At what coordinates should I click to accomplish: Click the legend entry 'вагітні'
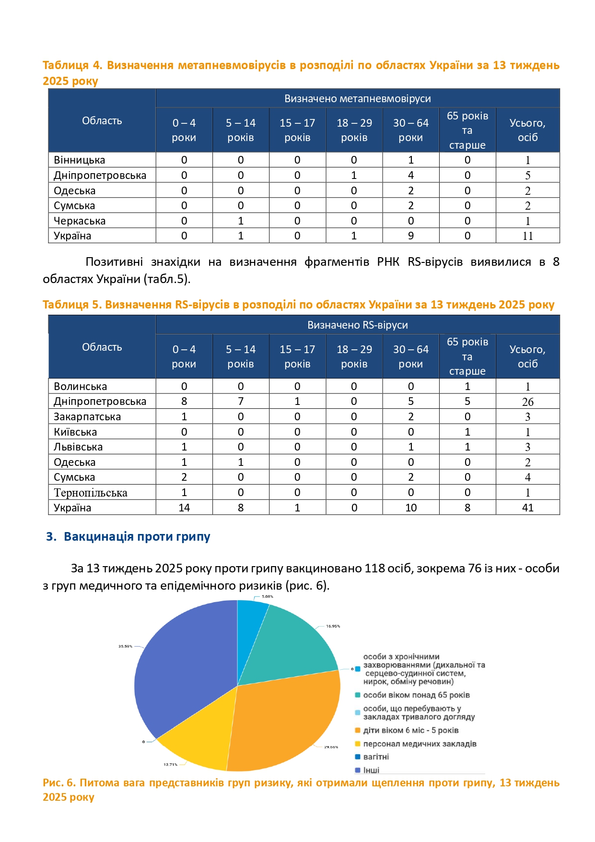(376, 757)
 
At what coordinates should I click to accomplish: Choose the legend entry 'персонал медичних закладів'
(420, 744)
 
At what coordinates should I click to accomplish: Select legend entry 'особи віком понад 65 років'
(416, 695)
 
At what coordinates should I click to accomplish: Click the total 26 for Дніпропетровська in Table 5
(527, 402)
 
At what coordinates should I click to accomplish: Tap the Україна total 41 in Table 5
(527, 508)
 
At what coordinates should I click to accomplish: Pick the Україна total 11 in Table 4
(527, 236)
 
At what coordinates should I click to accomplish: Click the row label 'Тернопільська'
(91, 493)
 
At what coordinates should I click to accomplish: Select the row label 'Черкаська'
(80, 221)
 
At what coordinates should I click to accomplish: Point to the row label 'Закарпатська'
(87, 416)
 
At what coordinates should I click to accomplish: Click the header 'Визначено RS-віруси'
(358, 325)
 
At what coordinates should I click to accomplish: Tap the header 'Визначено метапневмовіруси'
(358, 98)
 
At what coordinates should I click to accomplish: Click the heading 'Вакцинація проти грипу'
(137, 536)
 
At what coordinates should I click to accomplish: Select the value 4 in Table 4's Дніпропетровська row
(411, 175)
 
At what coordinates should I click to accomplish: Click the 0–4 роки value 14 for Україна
(184, 508)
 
